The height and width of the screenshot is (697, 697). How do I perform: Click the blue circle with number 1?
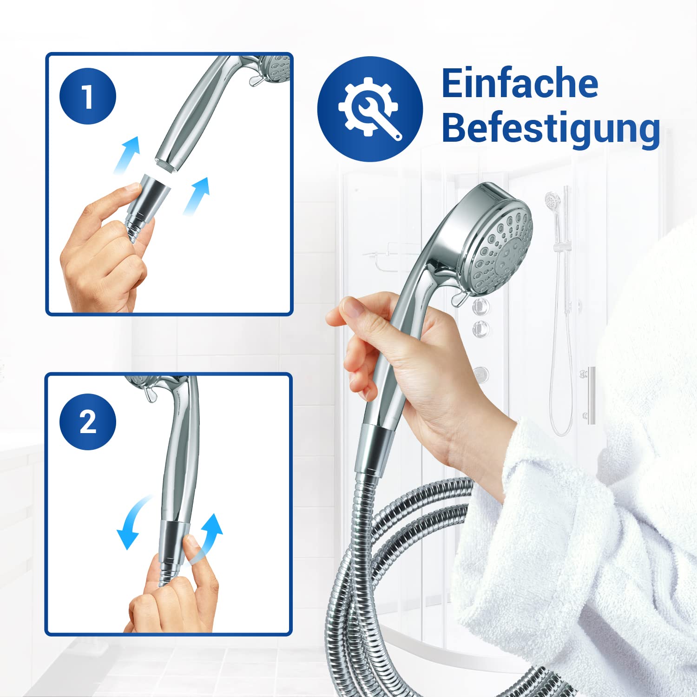click(x=87, y=96)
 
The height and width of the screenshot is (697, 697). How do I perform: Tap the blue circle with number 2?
click(x=87, y=421)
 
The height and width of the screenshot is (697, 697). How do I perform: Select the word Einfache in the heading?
click(x=519, y=84)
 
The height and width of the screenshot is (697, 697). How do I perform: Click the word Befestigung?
click(x=551, y=128)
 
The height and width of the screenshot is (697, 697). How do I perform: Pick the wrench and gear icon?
click(x=370, y=109)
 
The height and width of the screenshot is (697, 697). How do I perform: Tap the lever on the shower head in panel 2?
click(x=150, y=394)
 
